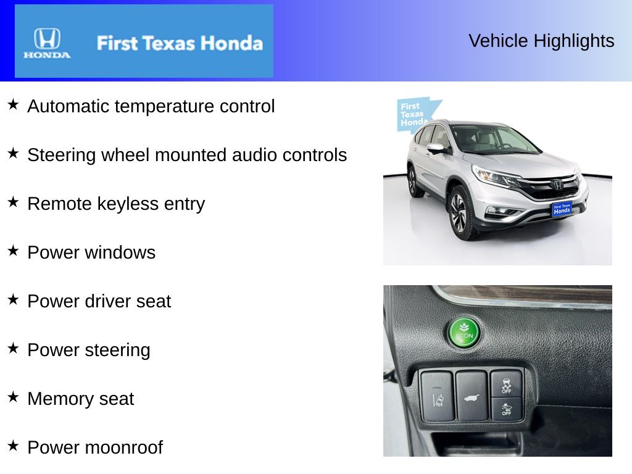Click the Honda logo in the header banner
pyautogui.click(x=47, y=43)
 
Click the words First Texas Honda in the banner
pyautogui.click(x=180, y=43)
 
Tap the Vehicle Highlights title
pyautogui.click(x=541, y=41)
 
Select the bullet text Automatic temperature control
pyautogui.click(x=151, y=106)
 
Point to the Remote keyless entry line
pyautogui.click(x=116, y=204)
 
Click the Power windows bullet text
pyautogui.click(x=91, y=252)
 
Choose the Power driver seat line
pyautogui.click(x=99, y=301)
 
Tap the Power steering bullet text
pyautogui.click(x=89, y=350)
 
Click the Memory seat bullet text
pyautogui.click(x=81, y=399)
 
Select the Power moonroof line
pyautogui.click(x=95, y=447)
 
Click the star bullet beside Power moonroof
pyautogui.click(x=13, y=445)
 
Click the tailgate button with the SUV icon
pyautogui.click(x=472, y=396)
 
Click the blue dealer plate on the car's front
pyautogui.click(x=562, y=209)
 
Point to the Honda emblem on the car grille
pyautogui.click(x=557, y=184)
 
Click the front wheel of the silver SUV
pyautogui.click(x=459, y=212)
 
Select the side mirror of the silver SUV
pyautogui.click(x=436, y=148)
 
